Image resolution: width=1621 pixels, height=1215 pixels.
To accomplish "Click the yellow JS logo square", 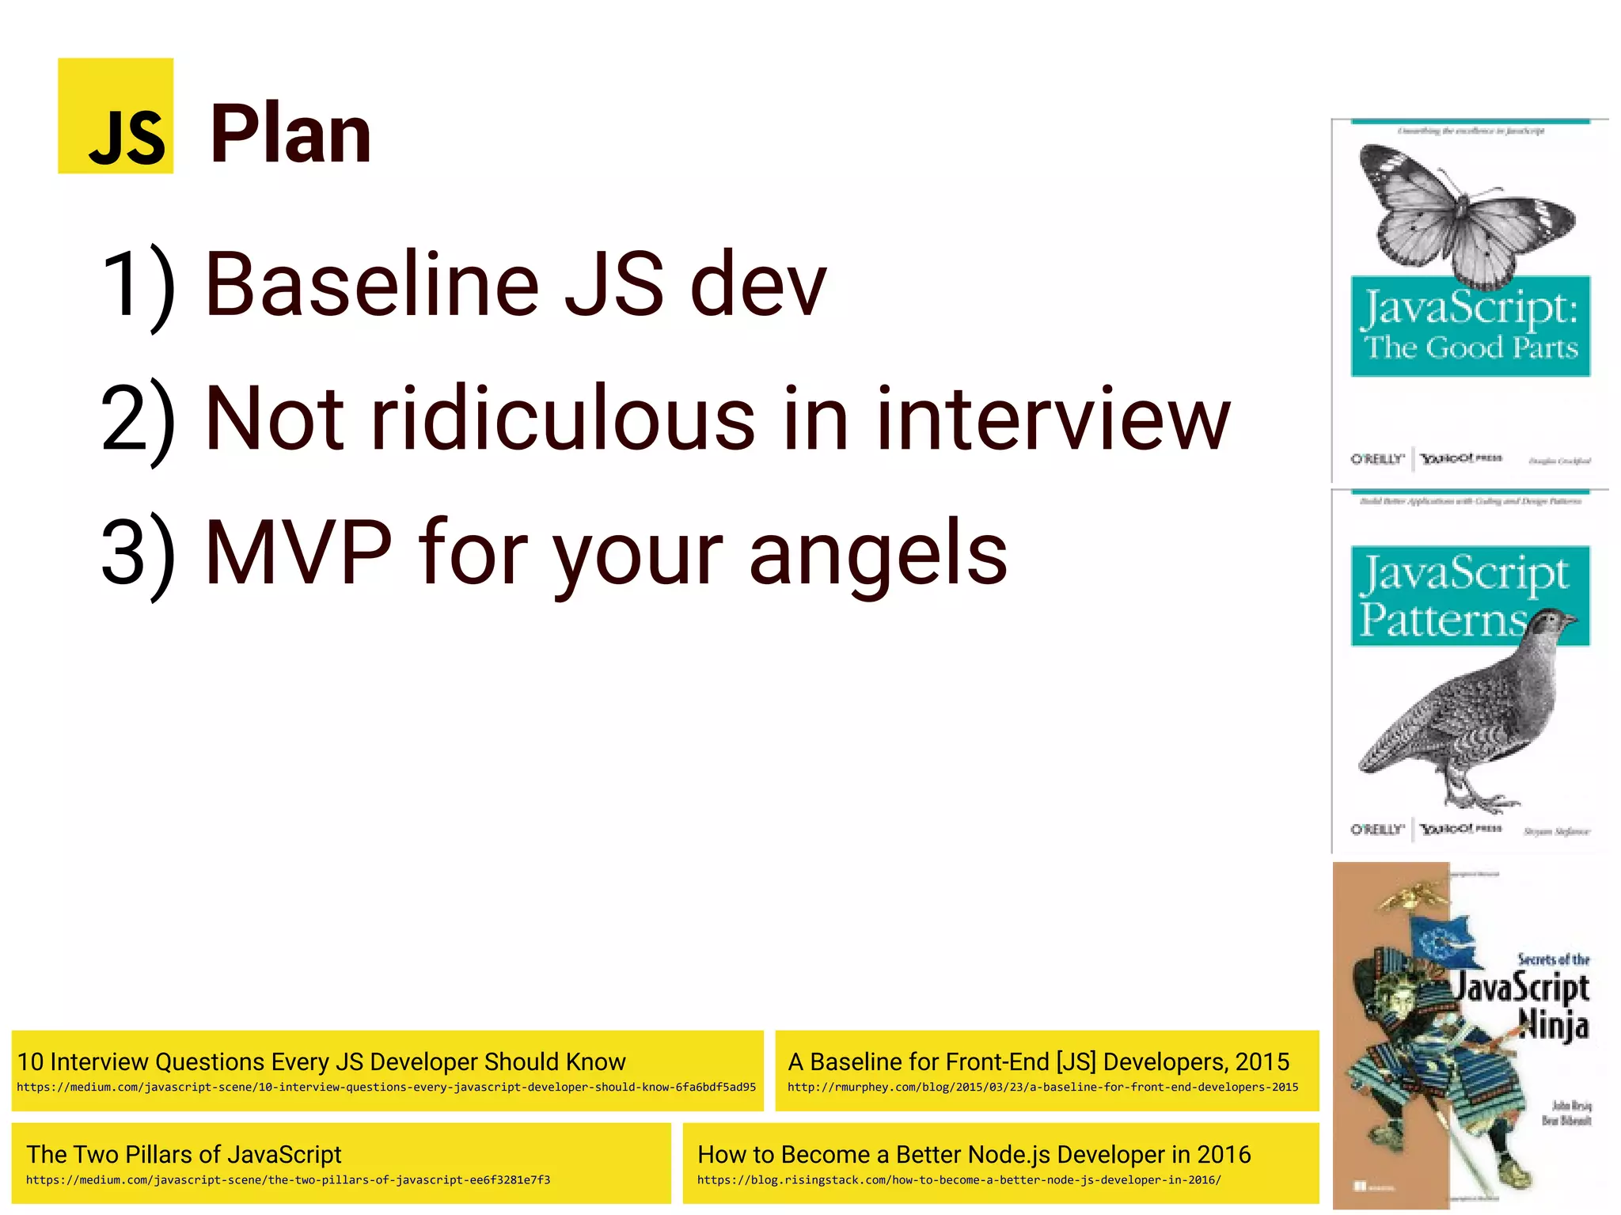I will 116,116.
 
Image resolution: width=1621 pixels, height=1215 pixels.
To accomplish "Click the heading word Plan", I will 290,135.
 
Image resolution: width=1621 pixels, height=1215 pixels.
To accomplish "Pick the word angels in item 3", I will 878,554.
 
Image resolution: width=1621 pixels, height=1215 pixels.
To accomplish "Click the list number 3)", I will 138,554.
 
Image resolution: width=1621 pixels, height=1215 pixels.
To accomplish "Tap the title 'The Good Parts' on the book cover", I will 1471,348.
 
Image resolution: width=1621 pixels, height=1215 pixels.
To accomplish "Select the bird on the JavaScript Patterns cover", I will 1464,712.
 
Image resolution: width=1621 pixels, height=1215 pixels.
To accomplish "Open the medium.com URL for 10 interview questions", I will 385,1088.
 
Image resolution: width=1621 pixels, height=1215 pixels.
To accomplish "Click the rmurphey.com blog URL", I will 1042,1088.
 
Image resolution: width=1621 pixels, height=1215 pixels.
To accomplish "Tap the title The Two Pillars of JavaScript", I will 184,1154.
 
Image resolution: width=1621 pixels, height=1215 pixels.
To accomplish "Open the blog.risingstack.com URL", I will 959,1180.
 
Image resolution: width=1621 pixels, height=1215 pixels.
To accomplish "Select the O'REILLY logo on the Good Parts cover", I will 1376,459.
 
